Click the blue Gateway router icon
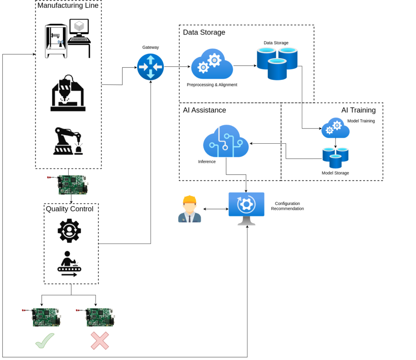tap(150, 67)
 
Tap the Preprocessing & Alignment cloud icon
tap(212, 64)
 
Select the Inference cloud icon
tap(226, 141)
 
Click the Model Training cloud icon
tap(335, 128)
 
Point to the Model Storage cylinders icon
tap(335, 158)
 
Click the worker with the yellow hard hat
tap(189, 209)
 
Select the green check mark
tap(45, 341)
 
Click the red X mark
tap(100, 341)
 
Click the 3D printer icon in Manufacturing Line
tap(56, 41)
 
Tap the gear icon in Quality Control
tap(69, 231)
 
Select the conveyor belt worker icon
tap(69, 264)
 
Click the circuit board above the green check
tap(42, 317)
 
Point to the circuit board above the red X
tap(96, 317)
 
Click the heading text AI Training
tap(358, 110)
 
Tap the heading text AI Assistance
tap(205, 110)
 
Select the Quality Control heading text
tap(69, 209)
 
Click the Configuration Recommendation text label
tap(287, 206)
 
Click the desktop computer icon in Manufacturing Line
tap(79, 38)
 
